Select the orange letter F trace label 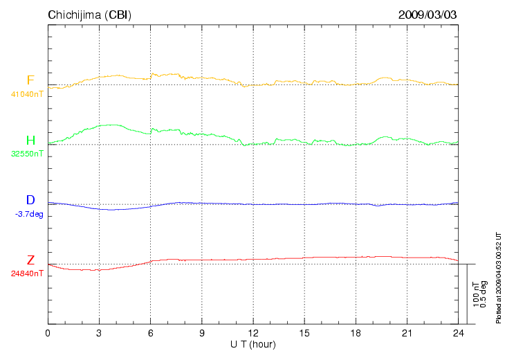pos(30,80)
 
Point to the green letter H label pos(30,141)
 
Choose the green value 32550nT pos(27,154)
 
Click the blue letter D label pos(30,201)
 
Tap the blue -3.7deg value pos(29,214)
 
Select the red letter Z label pos(30,260)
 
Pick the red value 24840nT pos(27,273)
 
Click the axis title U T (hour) pos(253,344)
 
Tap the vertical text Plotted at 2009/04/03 pos(498,276)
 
